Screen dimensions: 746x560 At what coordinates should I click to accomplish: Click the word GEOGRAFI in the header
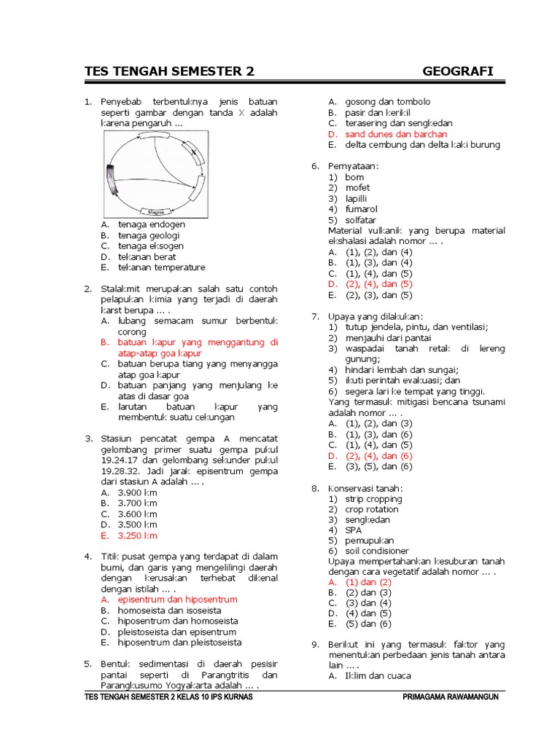coord(457,71)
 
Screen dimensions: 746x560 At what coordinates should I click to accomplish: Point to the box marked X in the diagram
coord(194,153)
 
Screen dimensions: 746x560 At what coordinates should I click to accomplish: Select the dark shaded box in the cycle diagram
coord(112,181)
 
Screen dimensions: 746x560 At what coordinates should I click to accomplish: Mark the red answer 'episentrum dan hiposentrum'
coord(177,600)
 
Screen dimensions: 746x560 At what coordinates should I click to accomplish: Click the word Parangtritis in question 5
coord(221,675)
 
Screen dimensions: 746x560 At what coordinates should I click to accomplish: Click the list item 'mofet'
coord(357,187)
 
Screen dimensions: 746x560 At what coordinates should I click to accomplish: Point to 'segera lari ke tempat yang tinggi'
coord(413,391)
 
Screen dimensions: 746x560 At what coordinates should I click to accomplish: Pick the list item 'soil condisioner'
coord(377,551)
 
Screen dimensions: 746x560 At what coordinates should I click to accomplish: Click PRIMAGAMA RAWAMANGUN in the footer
coord(450,697)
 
